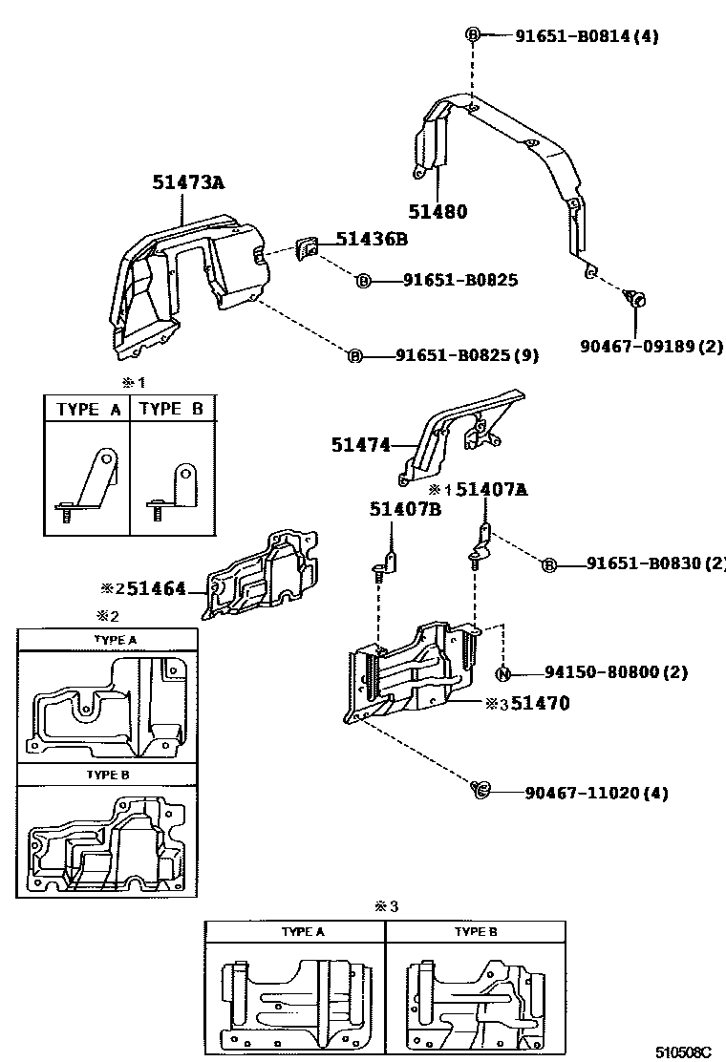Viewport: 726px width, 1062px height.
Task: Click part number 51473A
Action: coord(188,182)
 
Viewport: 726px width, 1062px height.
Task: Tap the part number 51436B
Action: coord(371,240)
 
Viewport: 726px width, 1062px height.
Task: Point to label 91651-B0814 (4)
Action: coord(587,36)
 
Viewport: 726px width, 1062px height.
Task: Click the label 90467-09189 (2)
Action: coord(651,345)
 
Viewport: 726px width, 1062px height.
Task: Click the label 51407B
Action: coord(405,509)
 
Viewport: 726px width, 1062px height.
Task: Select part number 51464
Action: coord(157,589)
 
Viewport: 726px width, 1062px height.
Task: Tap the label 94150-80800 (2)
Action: coord(615,672)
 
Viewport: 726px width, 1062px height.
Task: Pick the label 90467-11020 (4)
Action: coord(595,793)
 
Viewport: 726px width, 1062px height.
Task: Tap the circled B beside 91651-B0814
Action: coord(473,35)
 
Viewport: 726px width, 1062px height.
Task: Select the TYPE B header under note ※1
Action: coord(171,409)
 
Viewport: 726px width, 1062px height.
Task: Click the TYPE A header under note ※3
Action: coord(302,931)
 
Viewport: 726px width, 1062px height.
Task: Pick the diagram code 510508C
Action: coord(684,1051)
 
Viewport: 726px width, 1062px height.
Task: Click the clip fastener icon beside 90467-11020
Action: coord(480,789)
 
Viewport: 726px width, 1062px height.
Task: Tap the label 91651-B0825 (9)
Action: coord(467,356)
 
